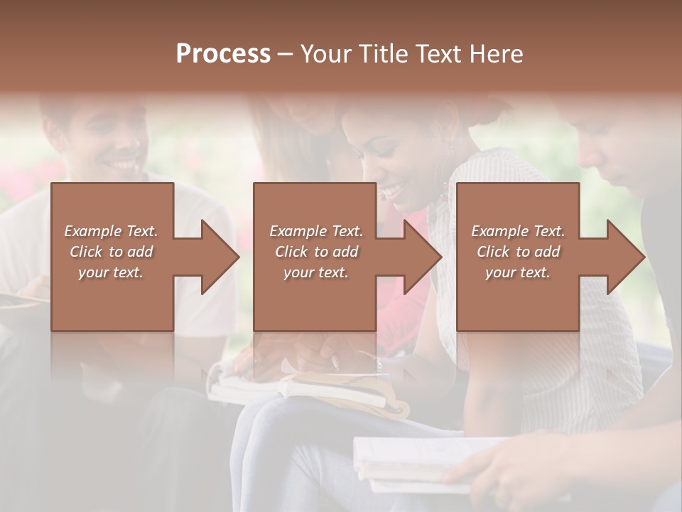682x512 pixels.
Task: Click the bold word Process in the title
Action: tap(223, 54)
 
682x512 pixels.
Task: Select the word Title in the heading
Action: tap(382, 54)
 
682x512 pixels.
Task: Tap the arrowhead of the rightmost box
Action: tap(624, 257)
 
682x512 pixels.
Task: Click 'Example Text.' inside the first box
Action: tap(111, 231)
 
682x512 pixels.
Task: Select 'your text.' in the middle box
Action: tap(315, 272)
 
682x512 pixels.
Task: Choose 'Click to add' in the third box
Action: tap(518, 252)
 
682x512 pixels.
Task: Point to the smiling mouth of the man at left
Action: tap(124, 166)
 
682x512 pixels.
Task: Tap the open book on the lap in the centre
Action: tap(313, 388)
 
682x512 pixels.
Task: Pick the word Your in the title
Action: tap(326, 54)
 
